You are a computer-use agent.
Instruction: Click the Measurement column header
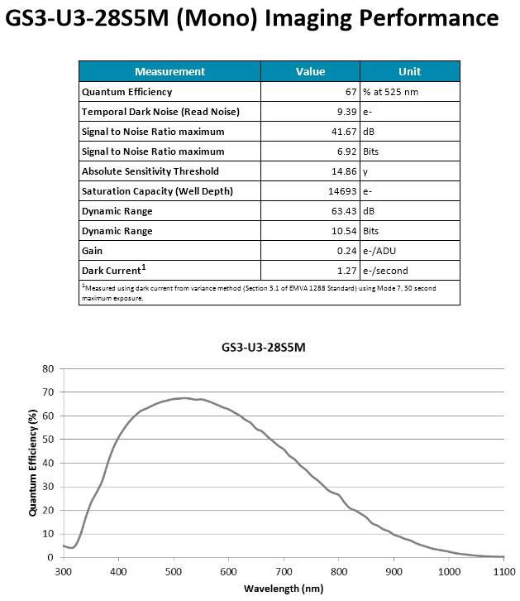pos(169,71)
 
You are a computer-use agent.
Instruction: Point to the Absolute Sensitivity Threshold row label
pos(150,171)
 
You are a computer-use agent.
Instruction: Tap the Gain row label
pos(92,251)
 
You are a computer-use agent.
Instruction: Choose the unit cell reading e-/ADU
pos(384,251)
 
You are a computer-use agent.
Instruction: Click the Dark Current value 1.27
pos(346,271)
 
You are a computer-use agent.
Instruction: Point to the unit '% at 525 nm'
pos(392,92)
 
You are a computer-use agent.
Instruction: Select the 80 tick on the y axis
pos(48,368)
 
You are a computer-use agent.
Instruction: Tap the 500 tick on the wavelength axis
pos(174,571)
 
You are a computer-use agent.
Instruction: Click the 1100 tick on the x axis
pos(504,571)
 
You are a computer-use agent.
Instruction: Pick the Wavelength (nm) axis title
pos(284,589)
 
